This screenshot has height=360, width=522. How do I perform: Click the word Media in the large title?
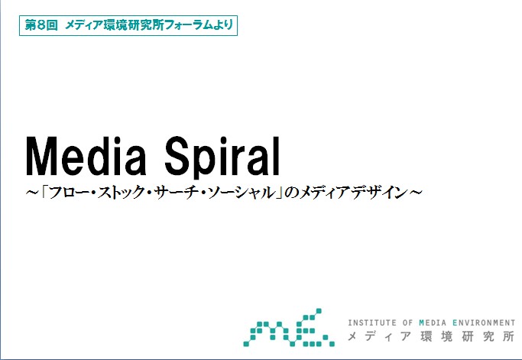[86, 156]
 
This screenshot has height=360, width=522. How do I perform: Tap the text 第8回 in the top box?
[41, 25]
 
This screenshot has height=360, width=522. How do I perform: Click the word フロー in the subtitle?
[70, 193]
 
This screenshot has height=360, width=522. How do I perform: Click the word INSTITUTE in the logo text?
[372, 323]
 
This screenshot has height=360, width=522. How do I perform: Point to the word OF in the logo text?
[407, 323]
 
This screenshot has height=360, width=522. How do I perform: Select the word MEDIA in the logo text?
[433, 323]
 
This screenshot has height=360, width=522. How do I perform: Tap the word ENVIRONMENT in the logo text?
[484, 323]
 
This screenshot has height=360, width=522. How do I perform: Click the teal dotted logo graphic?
[289, 328]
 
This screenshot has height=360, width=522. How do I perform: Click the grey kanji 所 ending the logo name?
[509, 336]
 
